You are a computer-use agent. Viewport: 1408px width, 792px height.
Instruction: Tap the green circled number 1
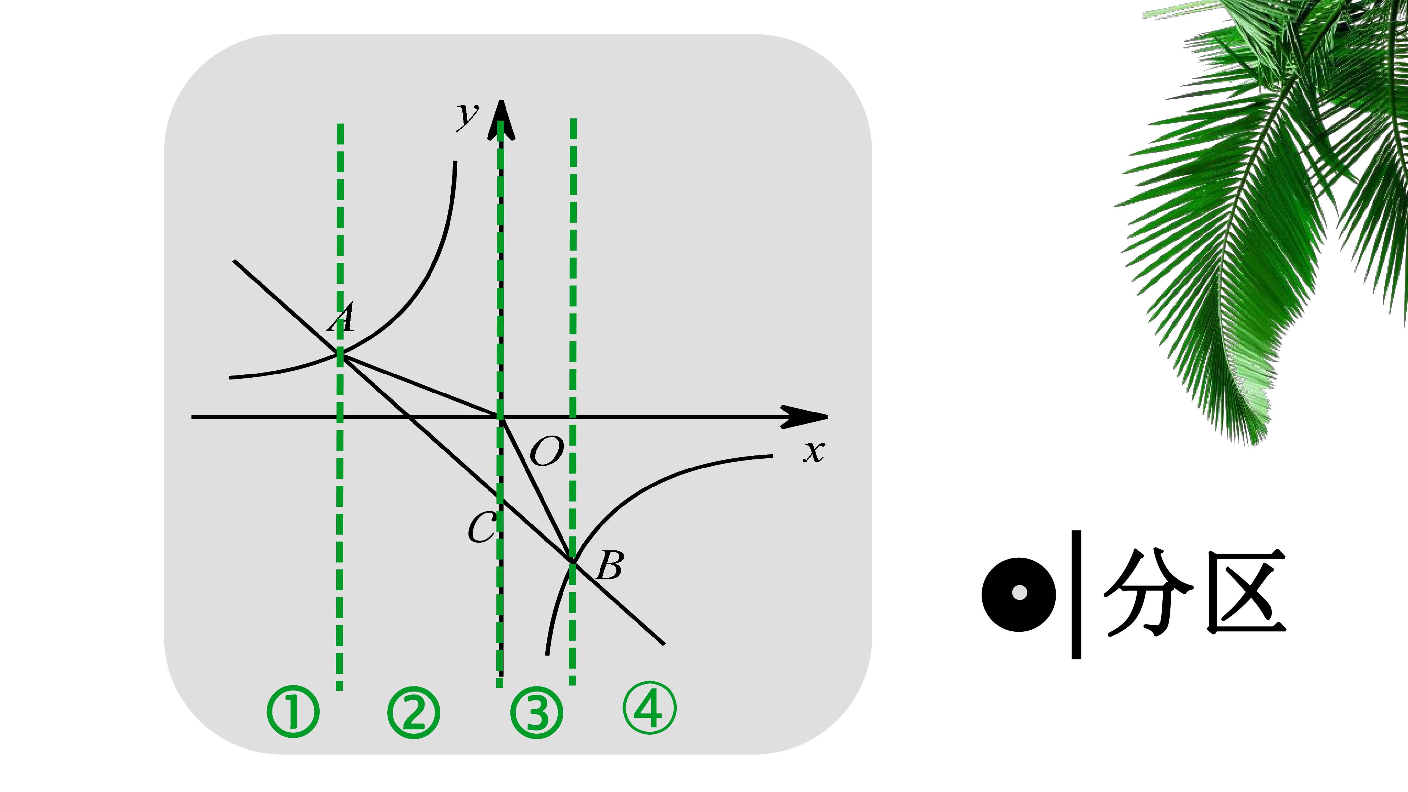point(293,712)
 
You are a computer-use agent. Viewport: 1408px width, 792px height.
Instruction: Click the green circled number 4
point(650,708)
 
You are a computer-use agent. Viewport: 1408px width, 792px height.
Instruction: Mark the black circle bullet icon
point(1019,594)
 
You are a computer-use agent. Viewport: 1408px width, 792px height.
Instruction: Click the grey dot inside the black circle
point(1019,593)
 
